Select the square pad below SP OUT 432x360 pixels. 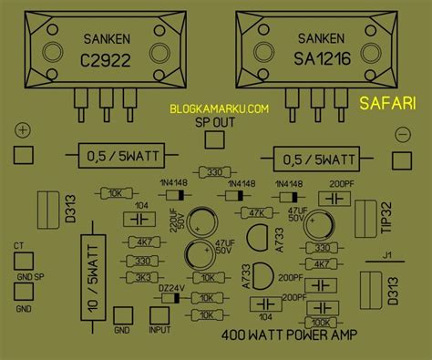pyautogui.click(x=215, y=139)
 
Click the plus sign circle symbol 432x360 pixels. pyautogui.click(x=23, y=132)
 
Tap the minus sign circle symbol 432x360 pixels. pyautogui.click(x=402, y=135)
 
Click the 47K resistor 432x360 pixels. pyautogui.click(x=254, y=213)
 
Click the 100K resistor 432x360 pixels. pyautogui.click(x=321, y=322)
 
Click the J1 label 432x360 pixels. pyautogui.click(x=388, y=254)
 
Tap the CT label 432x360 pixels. pyautogui.click(x=18, y=246)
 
